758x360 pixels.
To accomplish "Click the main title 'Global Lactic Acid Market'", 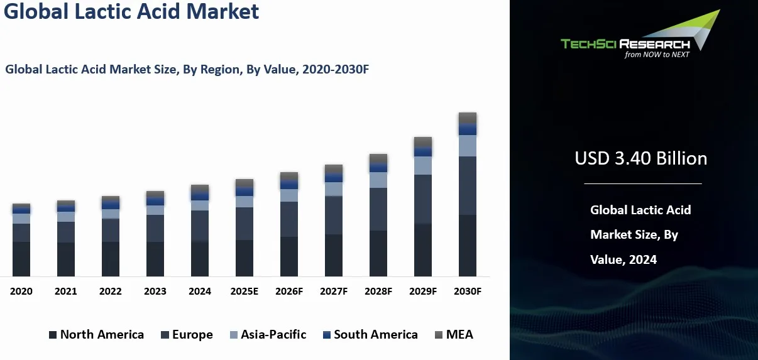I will tap(131, 11).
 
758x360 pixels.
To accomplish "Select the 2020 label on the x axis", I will tap(21, 292).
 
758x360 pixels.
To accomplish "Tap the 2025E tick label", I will tap(244, 292).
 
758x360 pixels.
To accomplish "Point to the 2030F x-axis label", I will tap(468, 292).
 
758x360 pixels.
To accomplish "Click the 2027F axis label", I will tap(334, 292).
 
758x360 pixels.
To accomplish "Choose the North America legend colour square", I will tap(53, 335).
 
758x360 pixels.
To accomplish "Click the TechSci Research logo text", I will tap(625, 43).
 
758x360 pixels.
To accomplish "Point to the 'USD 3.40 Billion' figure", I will tap(640, 158).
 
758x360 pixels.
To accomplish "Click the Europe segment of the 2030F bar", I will tap(468, 185).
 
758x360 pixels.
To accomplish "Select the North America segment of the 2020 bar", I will tap(21, 259).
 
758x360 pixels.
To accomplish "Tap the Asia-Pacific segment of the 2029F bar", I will tap(423, 165).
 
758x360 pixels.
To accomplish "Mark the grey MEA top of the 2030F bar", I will tap(468, 117).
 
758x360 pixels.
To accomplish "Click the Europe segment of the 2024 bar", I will tap(200, 226).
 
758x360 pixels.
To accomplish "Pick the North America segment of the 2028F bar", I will tap(378, 253).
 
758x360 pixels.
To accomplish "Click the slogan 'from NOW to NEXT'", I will tap(657, 55).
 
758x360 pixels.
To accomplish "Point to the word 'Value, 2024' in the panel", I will tap(623, 259).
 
